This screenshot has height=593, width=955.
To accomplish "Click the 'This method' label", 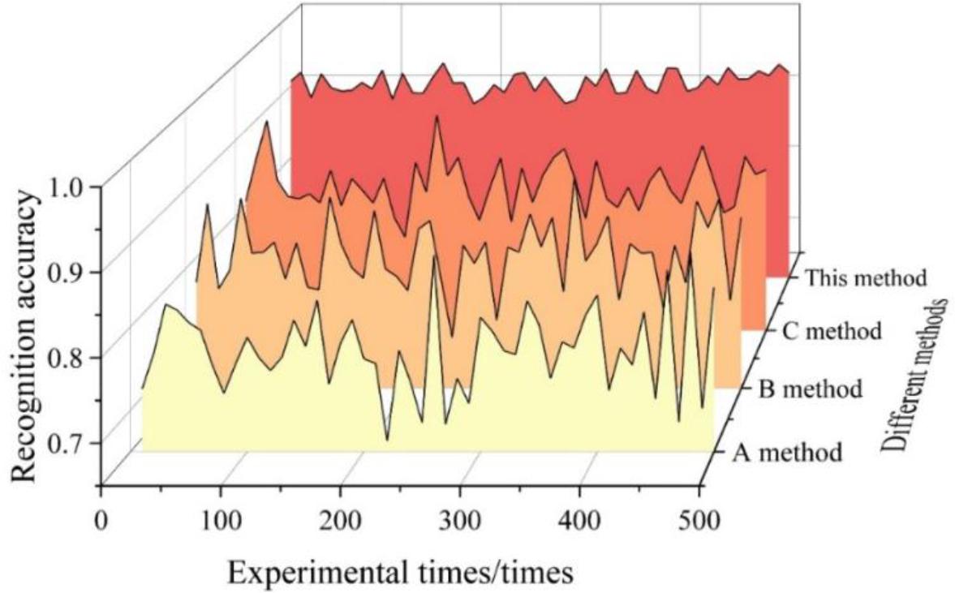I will pyautogui.click(x=865, y=278).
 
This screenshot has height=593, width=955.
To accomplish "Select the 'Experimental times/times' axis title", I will pyautogui.click(x=401, y=572).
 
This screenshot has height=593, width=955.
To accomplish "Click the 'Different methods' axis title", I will pyautogui.click(x=914, y=373).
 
